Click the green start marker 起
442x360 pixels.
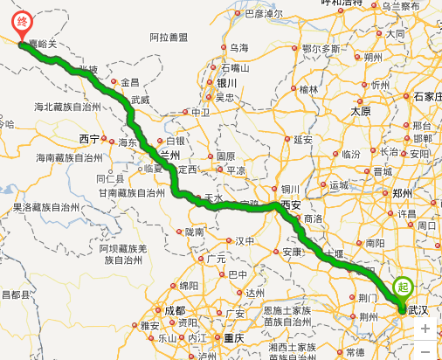coord(402,286)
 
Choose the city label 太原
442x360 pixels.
coord(361,111)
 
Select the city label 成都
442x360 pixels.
coord(174,310)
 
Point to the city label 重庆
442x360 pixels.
coord(233,338)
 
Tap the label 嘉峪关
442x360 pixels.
coord(44,40)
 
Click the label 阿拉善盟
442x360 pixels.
coord(169,37)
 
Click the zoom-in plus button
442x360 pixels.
coord(425,329)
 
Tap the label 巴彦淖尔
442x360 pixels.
coord(264,13)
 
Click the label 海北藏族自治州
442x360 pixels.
coord(69,107)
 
